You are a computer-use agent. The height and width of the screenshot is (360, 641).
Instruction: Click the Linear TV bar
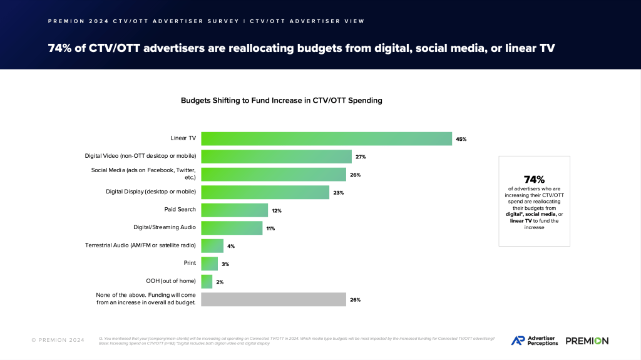coord(326,139)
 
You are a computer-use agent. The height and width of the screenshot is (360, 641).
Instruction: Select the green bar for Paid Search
coord(234,210)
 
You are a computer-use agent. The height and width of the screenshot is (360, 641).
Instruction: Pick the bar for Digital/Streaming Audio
coord(231,228)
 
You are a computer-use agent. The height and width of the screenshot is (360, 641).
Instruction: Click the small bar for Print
coord(209,264)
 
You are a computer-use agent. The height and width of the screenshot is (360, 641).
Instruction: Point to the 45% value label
coord(461,139)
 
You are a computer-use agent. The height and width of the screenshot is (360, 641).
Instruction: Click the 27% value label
coord(361,157)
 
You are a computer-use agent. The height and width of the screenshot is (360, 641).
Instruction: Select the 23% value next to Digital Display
coord(339,192)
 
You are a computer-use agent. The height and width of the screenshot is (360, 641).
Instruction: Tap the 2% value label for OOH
coord(220,282)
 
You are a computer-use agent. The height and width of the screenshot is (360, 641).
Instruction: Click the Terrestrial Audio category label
coord(141,245)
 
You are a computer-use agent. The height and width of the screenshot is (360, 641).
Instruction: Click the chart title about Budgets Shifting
coord(281,100)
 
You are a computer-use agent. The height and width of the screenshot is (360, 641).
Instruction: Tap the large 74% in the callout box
coord(534,179)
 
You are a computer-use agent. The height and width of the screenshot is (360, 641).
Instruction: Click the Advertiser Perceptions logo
coord(534,341)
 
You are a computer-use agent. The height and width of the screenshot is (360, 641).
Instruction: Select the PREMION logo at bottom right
coord(587,341)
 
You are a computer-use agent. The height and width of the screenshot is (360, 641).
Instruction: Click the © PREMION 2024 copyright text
coord(58,341)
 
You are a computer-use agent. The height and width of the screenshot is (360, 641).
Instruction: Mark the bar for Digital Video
coord(276,157)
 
